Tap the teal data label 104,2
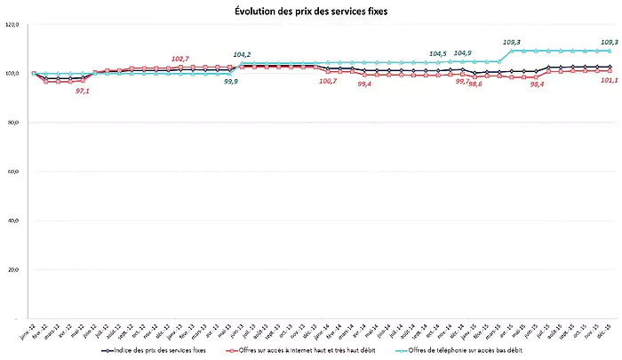point(242,55)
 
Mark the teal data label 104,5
point(438,53)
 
